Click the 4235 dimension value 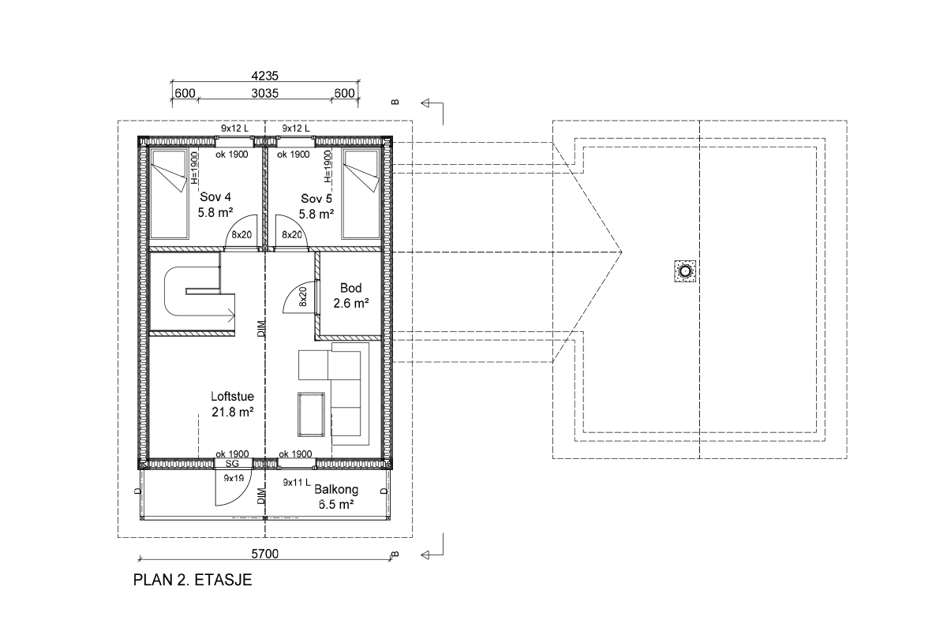265,76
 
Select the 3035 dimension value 265,93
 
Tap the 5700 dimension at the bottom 265,554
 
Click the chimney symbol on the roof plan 685,271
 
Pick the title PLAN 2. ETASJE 193,580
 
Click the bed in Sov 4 169,194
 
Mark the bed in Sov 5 361,194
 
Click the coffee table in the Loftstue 311,414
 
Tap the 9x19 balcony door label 234,478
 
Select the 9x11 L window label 297,482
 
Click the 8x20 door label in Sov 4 241,234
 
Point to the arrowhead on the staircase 232,315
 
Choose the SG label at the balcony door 232,464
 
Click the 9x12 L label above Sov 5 296,128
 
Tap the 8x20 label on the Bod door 303,297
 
